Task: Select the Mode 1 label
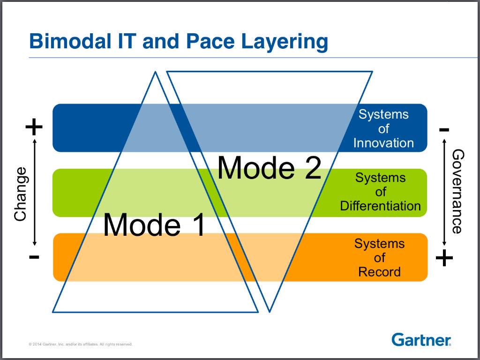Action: pyautogui.click(x=154, y=225)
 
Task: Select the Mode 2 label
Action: pyautogui.click(x=269, y=167)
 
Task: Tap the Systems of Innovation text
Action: pyautogui.click(x=383, y=128)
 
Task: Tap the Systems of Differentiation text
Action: pyautogui.click(x=380, y=192)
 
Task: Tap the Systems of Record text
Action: pyautogui.click(x=379, y=257)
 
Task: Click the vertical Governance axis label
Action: pyautogui.click(x=457, y=191)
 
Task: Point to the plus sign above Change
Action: pyautogui.click(x=34, y=127)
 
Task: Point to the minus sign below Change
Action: pyautogui.click(x=34, y=256)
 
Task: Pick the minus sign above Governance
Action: pyautogui.click(x=444, y=129)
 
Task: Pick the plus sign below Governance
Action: pyautogui.click(x=444, y=257)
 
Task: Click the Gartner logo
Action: pyautogui.click(x=421, y=339)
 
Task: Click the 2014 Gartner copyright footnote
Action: pyautogui.click(x=81, y=344)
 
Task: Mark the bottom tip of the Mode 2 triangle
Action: pyautogui.click(x=269, y=311)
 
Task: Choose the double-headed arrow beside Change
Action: pyautogui.click(x=34, y=192)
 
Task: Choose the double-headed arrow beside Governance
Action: pyautogui.click(x=444, y=193)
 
